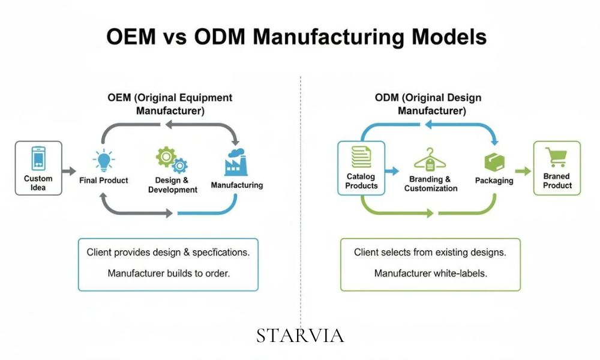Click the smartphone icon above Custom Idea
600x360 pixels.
point(38,158)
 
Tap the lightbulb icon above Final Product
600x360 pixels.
point(104,160)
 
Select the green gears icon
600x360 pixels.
point(172,160)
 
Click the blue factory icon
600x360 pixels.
point(236,162)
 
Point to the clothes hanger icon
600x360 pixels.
point(430,160)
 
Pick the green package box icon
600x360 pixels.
point(494,162)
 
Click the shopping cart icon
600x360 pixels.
point(557,157)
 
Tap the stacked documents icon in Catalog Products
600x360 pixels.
point(361,157)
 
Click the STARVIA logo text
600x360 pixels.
point(301,336)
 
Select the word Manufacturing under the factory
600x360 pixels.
point(237,185)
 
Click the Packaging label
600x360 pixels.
point(494,181)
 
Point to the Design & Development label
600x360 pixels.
point(173,185)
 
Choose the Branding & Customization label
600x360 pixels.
point(431,184)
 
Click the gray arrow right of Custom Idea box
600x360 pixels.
point(69,171)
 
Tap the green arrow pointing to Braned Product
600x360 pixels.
point(523,172)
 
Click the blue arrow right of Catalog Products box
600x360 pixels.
point(392,171)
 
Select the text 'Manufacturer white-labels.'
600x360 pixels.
point(430,274)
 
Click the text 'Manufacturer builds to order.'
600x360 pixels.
point(169,274)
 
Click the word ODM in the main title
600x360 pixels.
point(220,37)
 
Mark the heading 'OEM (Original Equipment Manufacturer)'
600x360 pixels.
point(170,104)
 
